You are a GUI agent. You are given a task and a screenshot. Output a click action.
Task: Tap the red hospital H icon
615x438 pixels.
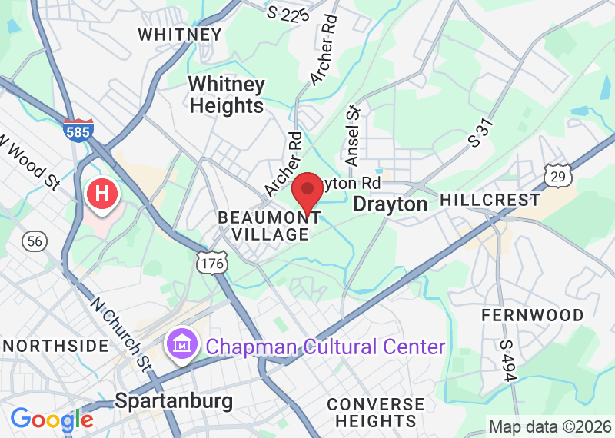(102, 194)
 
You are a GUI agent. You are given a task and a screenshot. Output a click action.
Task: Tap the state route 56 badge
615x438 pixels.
(33, 241)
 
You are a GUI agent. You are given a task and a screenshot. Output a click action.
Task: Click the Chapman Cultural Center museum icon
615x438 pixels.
(181, 343)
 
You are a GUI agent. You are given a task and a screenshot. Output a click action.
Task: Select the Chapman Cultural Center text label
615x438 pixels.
(324, 347)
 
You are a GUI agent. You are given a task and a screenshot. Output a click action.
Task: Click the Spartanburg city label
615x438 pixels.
(173, 401)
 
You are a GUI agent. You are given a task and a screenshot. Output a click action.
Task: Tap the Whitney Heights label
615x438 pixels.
(227, 95)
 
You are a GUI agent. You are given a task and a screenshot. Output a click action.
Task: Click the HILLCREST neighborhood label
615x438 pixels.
(490, 200)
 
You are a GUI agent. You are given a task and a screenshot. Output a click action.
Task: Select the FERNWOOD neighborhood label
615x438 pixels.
(532, 315)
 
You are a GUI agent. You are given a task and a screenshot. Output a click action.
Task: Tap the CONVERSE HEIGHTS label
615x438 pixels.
(375, 412)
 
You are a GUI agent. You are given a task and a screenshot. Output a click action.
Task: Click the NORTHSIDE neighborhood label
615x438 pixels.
(55, 346)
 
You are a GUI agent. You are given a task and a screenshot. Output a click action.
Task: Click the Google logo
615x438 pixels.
(52, 420)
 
